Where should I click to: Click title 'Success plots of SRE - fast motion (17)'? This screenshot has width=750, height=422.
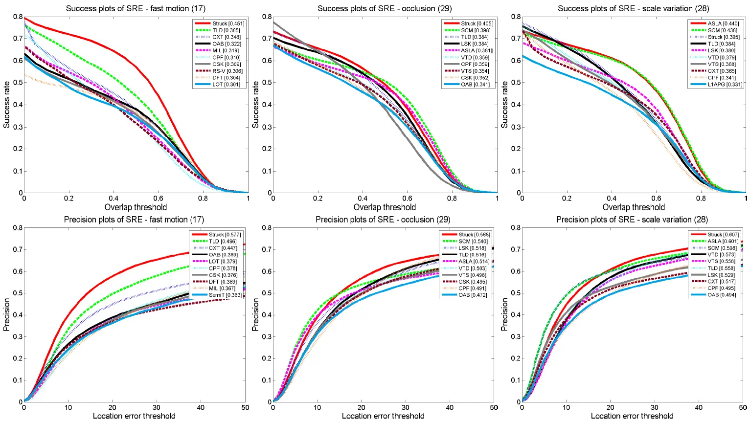point(136,8)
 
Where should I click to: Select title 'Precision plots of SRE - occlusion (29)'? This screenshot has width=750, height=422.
point(383,220)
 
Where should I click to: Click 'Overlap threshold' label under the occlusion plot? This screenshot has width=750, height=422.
point(385,207)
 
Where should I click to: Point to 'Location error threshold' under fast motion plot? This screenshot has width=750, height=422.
point(134,416)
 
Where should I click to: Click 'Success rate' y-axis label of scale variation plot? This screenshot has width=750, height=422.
point(504,105)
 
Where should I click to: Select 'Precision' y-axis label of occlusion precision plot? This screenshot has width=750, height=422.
point(255,315)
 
